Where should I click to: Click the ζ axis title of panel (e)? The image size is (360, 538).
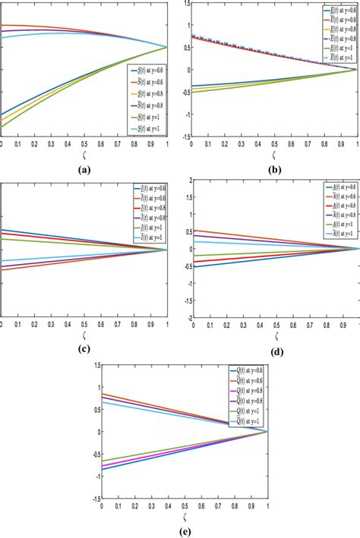click(x=183, y=516)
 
